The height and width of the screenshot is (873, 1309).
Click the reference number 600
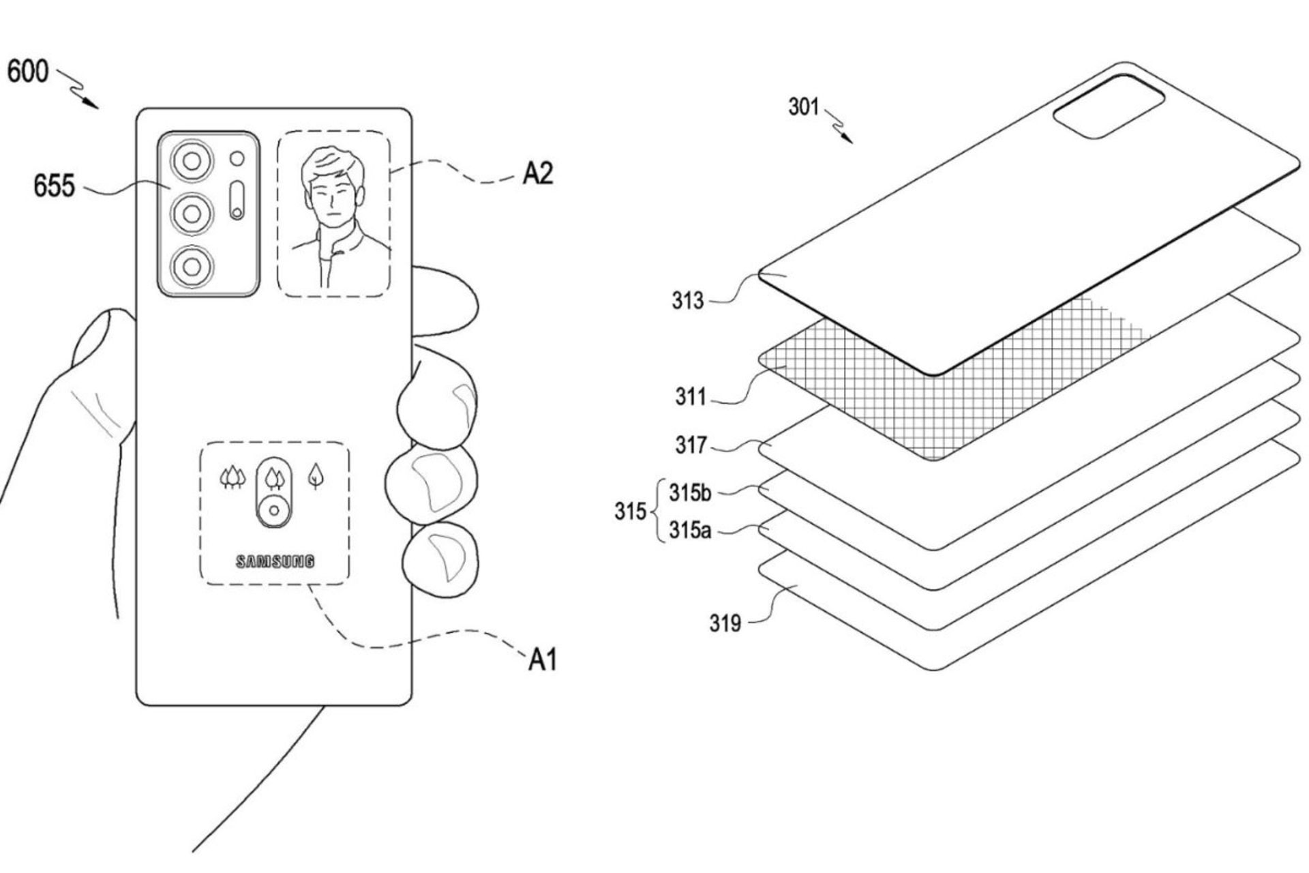point(28,72)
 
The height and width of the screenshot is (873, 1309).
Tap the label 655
point(54,186)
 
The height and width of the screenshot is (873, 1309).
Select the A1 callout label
point(543,660)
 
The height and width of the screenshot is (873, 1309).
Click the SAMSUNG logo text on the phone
point(275,561)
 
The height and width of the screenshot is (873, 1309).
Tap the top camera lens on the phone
point(192,161)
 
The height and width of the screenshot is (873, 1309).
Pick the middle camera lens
point(192,213)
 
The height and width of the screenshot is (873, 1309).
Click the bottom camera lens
point(192,266)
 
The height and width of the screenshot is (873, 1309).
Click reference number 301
point(803,107)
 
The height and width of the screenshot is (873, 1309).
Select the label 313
point(687,300)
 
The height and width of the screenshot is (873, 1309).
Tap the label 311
point(690,396)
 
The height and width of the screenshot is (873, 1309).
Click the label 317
point(691,445)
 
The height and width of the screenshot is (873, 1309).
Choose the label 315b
point(690,492)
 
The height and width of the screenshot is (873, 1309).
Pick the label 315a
point(689,530)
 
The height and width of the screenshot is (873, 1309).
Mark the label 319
point(725,623)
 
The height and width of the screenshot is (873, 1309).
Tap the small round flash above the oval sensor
point(237,159)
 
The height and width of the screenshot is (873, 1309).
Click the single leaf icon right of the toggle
point(315,475)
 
